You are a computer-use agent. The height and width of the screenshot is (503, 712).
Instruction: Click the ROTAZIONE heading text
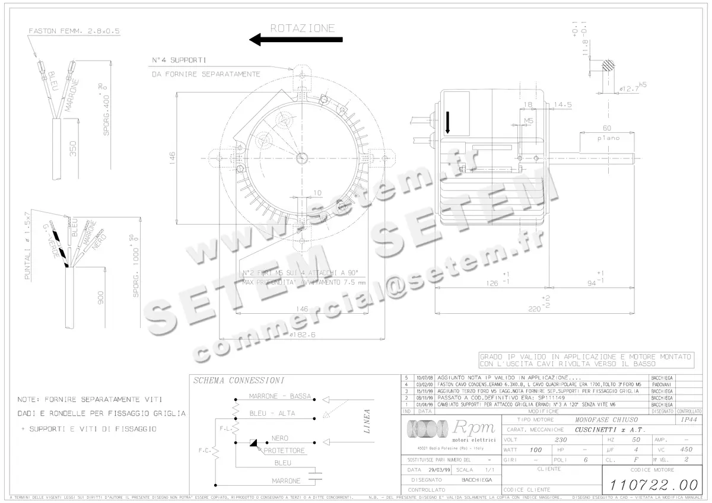point(303,28)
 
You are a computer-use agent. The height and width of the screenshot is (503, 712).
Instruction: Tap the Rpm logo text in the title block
point(469,428)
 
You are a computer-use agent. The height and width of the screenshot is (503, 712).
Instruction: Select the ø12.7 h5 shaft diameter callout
point(630,88)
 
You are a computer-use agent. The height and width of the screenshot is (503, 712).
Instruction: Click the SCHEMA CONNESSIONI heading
point(239,380)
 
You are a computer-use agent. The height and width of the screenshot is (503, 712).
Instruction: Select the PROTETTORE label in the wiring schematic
point(284,451)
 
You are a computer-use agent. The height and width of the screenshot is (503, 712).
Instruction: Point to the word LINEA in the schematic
point(367,422)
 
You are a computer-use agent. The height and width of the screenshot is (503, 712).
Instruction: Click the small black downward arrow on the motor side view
point(447,121)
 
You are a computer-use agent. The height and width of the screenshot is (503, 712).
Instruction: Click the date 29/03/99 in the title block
point(438,469)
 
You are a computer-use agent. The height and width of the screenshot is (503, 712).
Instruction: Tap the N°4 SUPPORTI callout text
point(179,61)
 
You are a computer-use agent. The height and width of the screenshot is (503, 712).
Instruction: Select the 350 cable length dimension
point(73,148)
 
